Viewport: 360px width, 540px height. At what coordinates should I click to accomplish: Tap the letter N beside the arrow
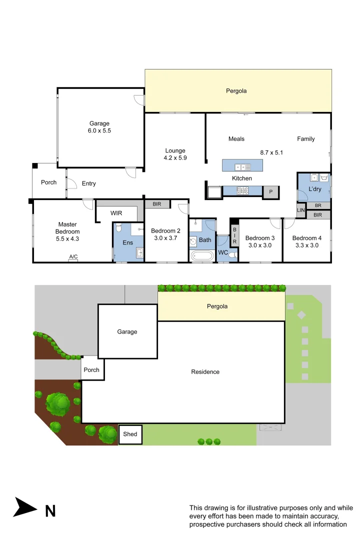point(50,511)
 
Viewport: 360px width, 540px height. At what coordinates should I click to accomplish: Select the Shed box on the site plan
point(130,434)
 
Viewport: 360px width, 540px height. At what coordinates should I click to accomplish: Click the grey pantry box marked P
point(270,192)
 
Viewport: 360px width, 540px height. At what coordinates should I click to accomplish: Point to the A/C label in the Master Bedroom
point(73,257)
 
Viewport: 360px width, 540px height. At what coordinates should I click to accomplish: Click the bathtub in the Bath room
point(202,256)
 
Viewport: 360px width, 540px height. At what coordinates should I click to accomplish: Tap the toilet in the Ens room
point(118,228)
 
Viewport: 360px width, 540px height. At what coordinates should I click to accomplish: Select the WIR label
point(116,213)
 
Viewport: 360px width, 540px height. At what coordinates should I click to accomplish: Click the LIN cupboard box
point(300,210)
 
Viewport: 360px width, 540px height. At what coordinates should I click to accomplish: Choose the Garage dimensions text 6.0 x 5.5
point(99,130)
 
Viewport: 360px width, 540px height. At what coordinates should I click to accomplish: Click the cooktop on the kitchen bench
point(242,190)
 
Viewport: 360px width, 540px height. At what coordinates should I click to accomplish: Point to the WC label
point(222,253)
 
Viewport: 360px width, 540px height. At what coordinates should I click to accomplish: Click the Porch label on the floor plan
point(48,182)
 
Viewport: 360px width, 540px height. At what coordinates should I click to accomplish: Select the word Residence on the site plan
point(205,371)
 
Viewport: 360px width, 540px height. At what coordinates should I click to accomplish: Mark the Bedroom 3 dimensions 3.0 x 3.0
point(260,245)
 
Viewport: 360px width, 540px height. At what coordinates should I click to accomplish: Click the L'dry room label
point(314,189)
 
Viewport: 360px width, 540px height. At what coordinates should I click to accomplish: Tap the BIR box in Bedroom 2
point(157,204)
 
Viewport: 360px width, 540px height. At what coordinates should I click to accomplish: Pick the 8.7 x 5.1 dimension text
point(271,152)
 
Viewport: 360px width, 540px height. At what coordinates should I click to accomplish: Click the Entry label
point(88,183)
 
